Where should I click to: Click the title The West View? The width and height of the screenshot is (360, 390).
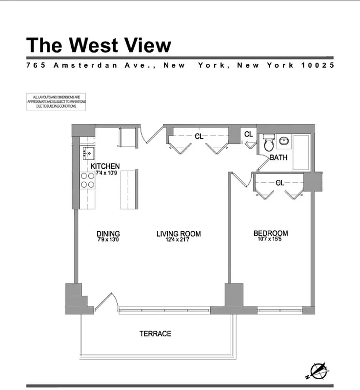coord(99,45)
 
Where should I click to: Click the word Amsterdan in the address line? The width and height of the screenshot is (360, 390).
coord(85,65)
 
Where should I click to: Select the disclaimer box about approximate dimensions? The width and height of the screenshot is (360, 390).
coord(56,102)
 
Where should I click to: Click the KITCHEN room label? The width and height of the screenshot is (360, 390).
coord(105,167)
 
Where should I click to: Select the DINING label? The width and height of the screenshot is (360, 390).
coord(108,234)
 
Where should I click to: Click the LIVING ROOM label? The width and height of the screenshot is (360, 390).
coord(179,234)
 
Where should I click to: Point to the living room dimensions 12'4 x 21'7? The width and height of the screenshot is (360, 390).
coord(179,240)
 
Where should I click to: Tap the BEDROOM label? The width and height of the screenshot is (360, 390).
coord(270,234)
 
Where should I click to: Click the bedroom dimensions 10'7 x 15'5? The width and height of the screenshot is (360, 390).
coord(270,240)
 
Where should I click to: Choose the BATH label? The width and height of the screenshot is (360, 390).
coord(278,157)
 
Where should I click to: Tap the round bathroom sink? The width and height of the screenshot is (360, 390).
coord(284,142)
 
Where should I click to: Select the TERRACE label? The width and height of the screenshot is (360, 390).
coord(155,334)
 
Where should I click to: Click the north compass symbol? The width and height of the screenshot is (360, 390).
coord(318,370)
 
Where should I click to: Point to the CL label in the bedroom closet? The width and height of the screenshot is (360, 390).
coord(280,183)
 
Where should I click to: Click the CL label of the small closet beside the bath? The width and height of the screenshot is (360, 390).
coord(248,135)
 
